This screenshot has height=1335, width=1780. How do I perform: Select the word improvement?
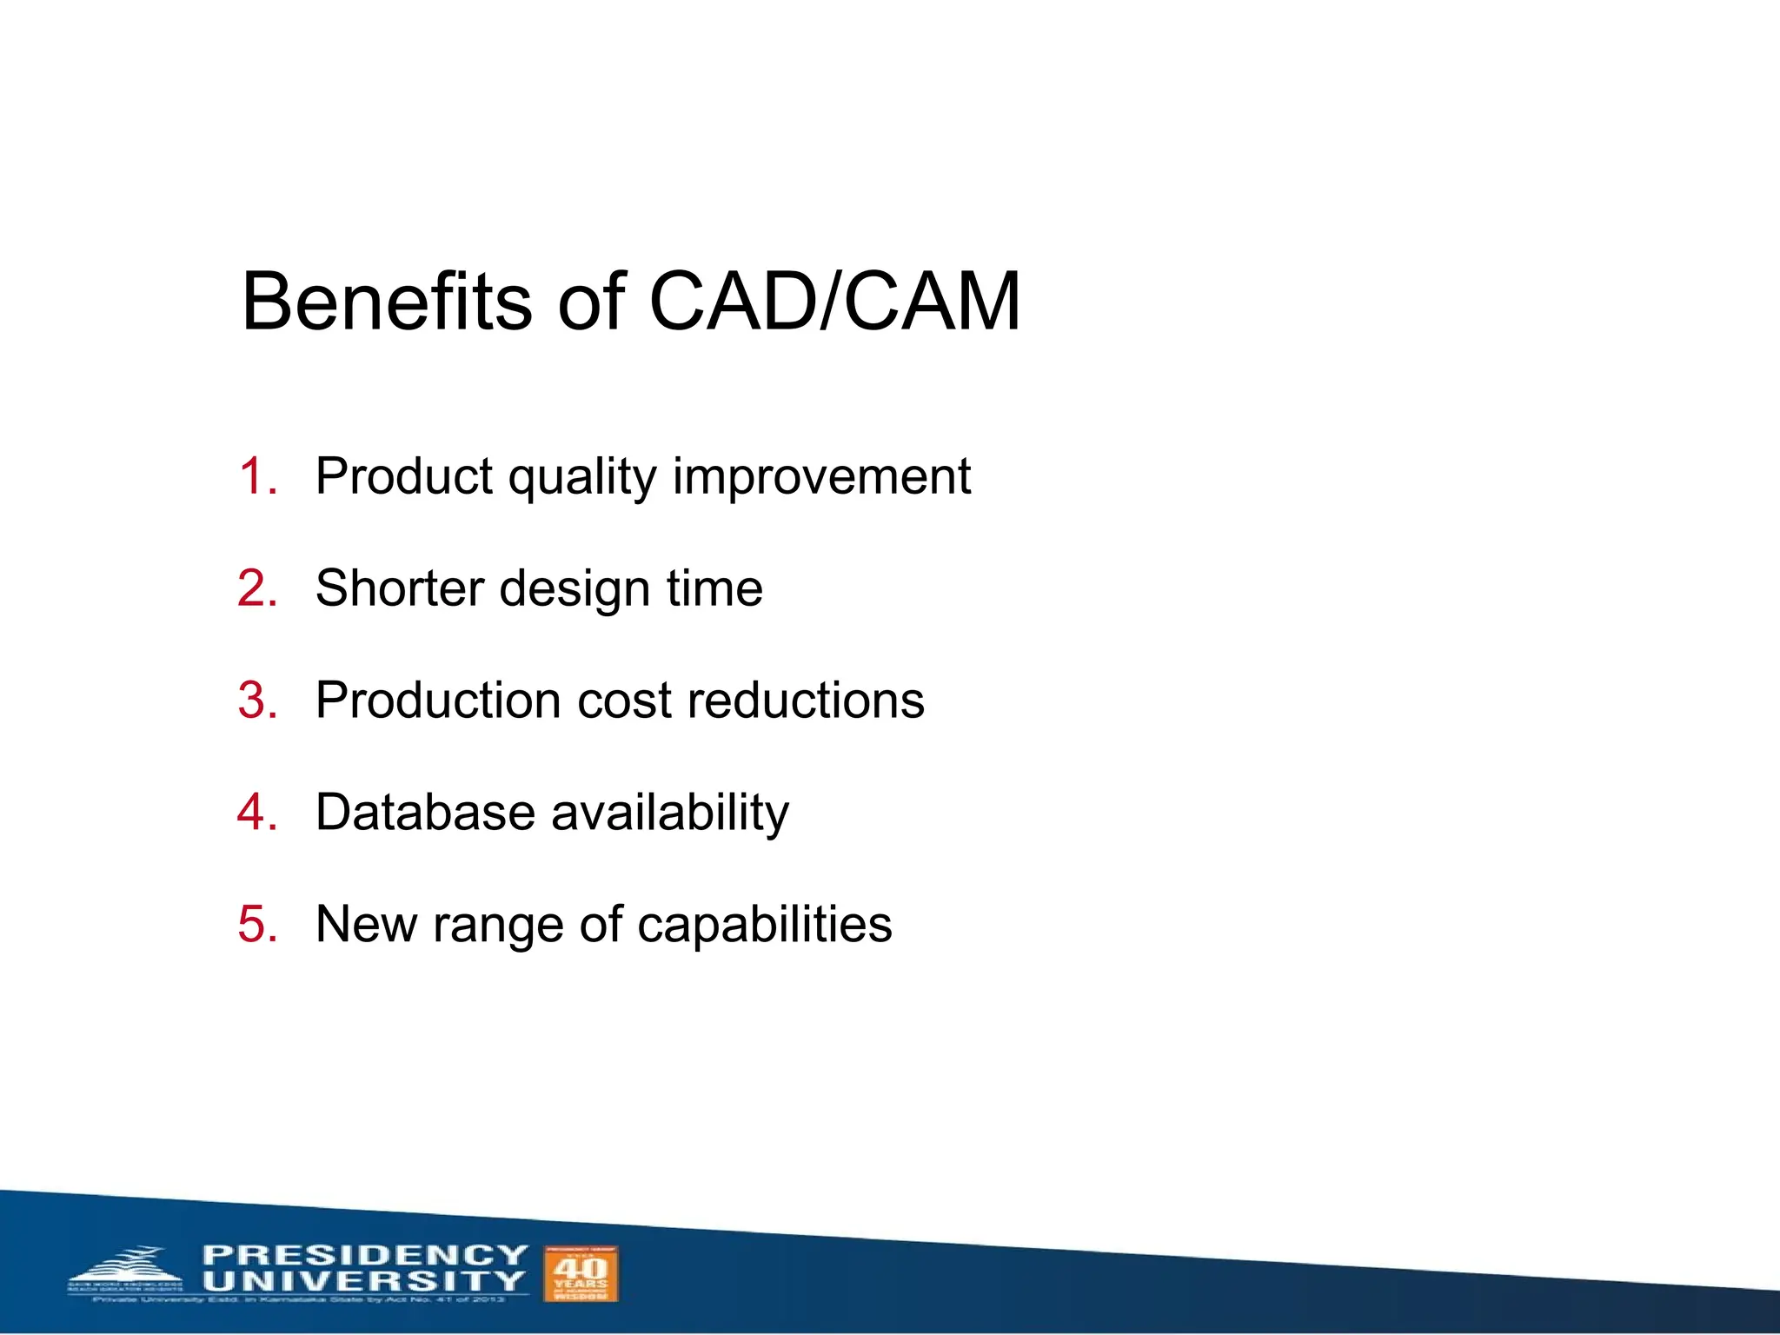pyautogui.click(x=821, y=478)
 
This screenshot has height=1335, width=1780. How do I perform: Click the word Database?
pyautogui.click(x=425, y=812)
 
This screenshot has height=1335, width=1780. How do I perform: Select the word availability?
pyautogui.click(x=670, y=814)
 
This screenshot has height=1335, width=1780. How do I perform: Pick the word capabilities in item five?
pyautogui.click(x=764, y=925)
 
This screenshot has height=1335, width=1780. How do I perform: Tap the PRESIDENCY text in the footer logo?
pyautogui.click(x=364, y=1255)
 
